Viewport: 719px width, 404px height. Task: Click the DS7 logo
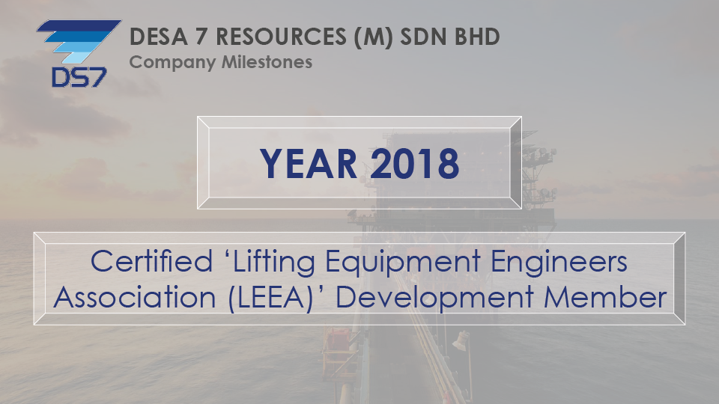79,53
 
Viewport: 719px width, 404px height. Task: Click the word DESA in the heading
159,37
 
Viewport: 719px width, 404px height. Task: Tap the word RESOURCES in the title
281,37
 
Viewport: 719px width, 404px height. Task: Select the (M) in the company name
373,37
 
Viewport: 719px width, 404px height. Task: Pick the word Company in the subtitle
172,62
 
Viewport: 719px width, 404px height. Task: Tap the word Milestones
267,62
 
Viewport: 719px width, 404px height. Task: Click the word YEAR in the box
309,164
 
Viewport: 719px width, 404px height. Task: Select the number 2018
414,164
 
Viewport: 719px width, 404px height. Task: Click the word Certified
152,261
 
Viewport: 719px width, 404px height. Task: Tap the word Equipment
403,263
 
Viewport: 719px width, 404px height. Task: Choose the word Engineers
559,263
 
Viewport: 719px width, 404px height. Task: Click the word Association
135,297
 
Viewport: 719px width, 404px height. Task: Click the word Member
605,297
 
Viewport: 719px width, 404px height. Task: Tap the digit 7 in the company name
201,37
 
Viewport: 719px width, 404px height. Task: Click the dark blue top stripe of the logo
79,25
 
